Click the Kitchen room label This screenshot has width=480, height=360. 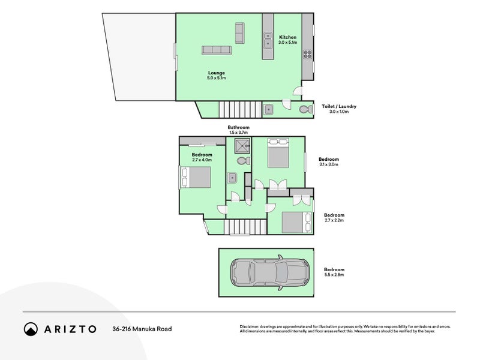(x=287, y=37)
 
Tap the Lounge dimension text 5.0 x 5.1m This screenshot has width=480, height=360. (x=216, y=78)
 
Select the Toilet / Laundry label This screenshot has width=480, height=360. (x=339, y=106)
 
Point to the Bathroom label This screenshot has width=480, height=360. (x=238, y=127)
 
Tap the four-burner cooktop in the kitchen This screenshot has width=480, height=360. (x=307, y=55)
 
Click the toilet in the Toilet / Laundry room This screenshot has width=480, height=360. (x=305, y=109)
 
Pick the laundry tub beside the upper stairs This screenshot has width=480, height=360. (x=269, y=109)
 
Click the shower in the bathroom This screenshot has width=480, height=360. (x=242, y=146)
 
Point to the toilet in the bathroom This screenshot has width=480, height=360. (x=242, y=161)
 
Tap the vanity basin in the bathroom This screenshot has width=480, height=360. (x=232, y=178)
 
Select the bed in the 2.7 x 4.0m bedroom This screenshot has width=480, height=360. (x=196, y=178)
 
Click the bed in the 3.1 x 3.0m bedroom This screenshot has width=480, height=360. (x=278, y=154)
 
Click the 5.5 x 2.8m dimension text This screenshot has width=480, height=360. (x=334, y=275)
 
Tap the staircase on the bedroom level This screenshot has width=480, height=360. (x=245, y=227)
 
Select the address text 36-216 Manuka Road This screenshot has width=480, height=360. (x=142, y=329)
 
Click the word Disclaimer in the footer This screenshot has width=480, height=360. (x=251, y=326)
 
